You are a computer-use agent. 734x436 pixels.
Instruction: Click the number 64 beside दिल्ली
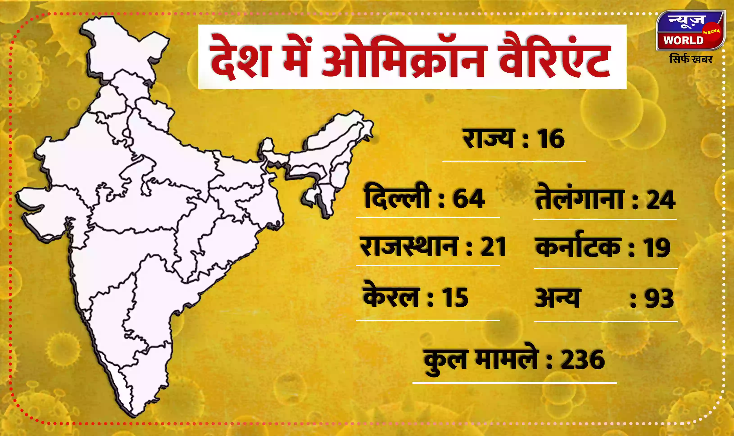(x=469, y=199)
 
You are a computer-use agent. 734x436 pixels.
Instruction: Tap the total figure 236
(x=583, y=360)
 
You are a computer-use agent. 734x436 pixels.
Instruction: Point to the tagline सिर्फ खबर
(x=691, y=59)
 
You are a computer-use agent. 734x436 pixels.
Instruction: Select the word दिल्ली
(x=397, y=198)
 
